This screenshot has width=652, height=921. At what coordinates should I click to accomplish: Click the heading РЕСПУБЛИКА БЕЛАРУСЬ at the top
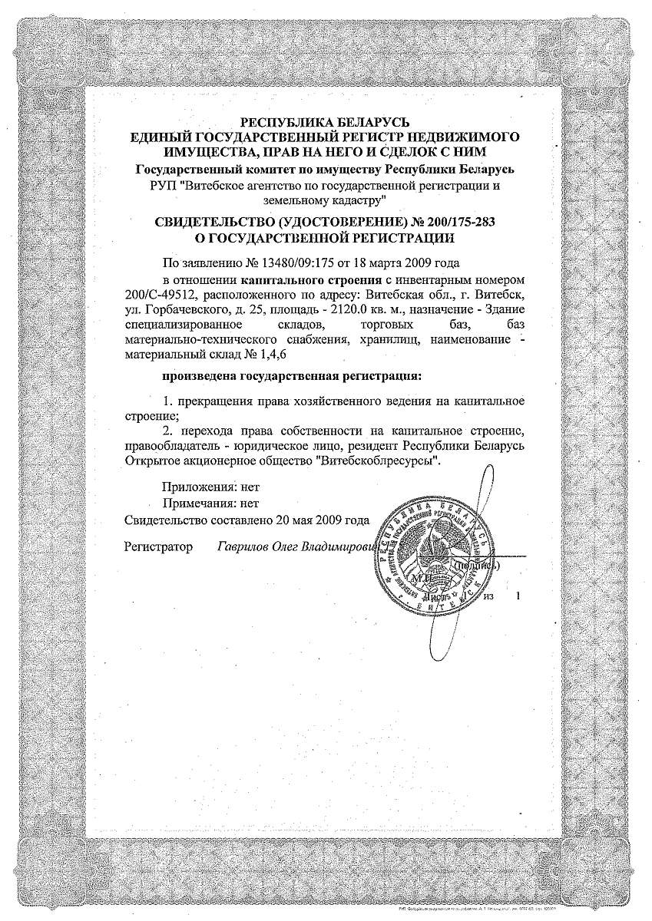(326, 122)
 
